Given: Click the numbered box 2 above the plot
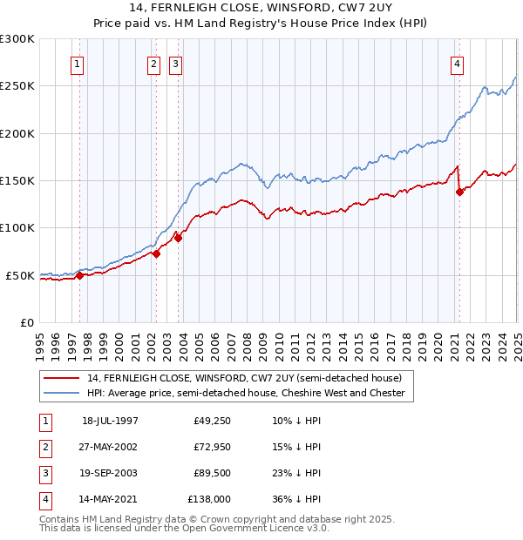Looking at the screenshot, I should coord(153,64).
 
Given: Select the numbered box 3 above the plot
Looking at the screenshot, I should coord(175,64).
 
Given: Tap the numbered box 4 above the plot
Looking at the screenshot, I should coord(457,64).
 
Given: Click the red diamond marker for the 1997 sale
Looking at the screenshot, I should coord(79,275).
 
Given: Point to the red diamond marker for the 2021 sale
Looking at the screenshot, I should coord(459,192).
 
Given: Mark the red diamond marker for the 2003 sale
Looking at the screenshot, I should coord(178,237).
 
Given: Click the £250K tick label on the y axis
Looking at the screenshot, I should coord(17,86).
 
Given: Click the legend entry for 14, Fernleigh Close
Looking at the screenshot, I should coord(243,379).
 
